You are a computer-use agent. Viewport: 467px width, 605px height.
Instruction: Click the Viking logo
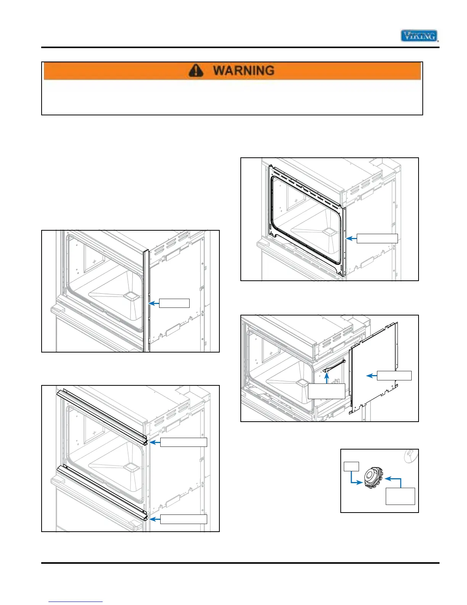[x=419, y=36]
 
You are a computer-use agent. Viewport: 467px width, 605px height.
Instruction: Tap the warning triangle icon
[x=196, y=70]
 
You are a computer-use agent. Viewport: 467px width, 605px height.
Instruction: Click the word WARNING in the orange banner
[x=243, y=70]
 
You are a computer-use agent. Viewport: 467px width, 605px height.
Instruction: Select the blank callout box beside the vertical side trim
[x=174, y=303]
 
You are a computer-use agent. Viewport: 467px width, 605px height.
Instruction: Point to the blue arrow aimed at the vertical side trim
[x=153, y=303]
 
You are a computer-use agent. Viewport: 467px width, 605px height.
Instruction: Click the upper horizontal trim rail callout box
[x=184, y=442]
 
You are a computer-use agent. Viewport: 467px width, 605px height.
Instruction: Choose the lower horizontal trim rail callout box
[x=184, y=519]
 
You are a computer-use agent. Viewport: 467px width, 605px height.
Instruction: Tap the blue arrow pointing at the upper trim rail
[x=155, y=442]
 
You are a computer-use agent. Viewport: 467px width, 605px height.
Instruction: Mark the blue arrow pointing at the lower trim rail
[x=155, y=519]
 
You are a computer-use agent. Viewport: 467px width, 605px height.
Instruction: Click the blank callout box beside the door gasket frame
[x=377, y=238]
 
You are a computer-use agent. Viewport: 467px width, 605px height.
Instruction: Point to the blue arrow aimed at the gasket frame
[x=351, y=239]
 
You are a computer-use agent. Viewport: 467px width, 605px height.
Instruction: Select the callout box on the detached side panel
[x=394, y=375]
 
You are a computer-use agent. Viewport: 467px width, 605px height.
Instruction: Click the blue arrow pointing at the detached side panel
[x=372, y=376]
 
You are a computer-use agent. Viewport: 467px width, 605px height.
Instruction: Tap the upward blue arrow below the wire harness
[x=327, y=378]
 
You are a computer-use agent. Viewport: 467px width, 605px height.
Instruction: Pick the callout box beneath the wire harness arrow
[x=326, y=391]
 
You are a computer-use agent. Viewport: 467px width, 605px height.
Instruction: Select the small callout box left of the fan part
[x=351, y=466]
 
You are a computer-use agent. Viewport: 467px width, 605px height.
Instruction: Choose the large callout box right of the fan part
[x=400, y=496]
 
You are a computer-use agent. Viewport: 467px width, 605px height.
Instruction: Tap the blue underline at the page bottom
[x=76, y=602]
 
